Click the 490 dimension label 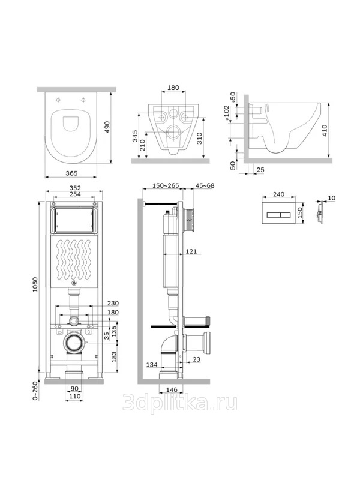point(107,127)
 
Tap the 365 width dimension point(71,173)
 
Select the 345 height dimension point(135,136)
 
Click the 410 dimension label point(325,130)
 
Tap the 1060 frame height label point(35,284)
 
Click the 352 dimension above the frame point(75,188)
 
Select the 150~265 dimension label point(166,185)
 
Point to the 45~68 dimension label point(205,185)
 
